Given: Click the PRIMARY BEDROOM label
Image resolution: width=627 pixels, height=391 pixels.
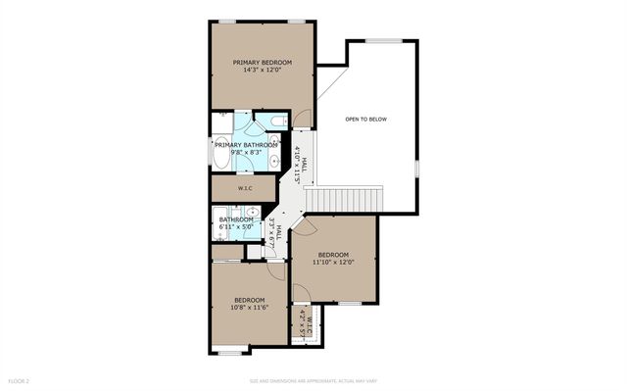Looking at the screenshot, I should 263,62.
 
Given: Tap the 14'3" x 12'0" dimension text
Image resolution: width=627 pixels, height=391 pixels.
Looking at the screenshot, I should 263,71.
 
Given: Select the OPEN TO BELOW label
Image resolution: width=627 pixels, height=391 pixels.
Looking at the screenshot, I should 365,120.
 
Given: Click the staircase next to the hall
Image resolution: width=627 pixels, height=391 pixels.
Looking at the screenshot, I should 343,199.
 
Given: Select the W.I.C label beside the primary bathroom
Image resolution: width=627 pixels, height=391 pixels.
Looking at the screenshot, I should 245,187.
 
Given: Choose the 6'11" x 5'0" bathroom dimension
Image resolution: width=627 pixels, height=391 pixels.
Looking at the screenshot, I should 235,227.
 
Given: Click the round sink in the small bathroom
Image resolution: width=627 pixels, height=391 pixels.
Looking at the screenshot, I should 252,211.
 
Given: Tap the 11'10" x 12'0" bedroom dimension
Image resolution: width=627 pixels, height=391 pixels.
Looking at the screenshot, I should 332,263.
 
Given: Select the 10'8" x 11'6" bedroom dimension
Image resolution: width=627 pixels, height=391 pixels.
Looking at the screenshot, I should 248,308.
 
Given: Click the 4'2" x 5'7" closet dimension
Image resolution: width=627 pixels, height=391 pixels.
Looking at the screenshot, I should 302,324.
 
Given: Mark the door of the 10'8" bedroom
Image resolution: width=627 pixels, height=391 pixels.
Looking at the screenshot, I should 278,271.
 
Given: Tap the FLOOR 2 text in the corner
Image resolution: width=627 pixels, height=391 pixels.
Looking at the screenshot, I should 20,379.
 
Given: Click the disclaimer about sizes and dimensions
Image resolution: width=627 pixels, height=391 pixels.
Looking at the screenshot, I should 313,379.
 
